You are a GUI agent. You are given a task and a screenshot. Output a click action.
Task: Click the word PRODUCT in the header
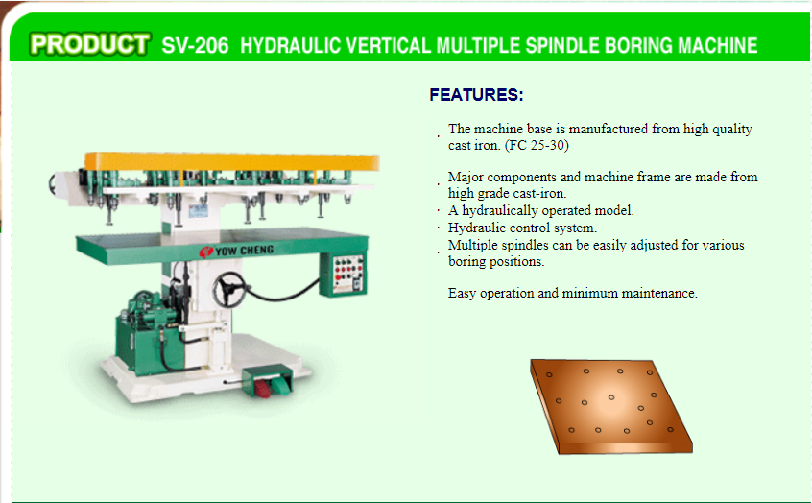pyautogui.click(x=89, y=44)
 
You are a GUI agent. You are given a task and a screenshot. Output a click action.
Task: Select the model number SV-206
pyautogui.click(x=195, y=45)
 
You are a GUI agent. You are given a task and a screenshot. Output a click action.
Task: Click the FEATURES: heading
pyautogui.click(x=476, y=95)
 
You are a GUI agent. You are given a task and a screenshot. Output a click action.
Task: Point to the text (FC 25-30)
pyautogui.click(x=537, y=145)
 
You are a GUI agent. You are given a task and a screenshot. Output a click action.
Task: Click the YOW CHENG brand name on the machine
pyautogui.click(x=244, y=251)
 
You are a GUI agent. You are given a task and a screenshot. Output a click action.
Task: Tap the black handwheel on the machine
pyautogui.click(x=228, y=290)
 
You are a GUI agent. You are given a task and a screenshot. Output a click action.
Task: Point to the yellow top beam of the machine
pyautogui.click(x=232, y=161)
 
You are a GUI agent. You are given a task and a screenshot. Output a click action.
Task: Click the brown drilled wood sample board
pyautogui.click(x=611, y=407)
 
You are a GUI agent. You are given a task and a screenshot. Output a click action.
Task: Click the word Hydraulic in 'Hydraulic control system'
pyautogui.click(x=476, y=228)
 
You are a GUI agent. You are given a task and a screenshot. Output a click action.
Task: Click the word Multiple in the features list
pyautogui.click(x=473, y=245)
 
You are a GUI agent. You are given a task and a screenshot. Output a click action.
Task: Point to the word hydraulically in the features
pyautogui.click(x=500, y=211)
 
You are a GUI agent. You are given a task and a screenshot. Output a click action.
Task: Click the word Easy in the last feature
pyautogui.click(x=462, y=294)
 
